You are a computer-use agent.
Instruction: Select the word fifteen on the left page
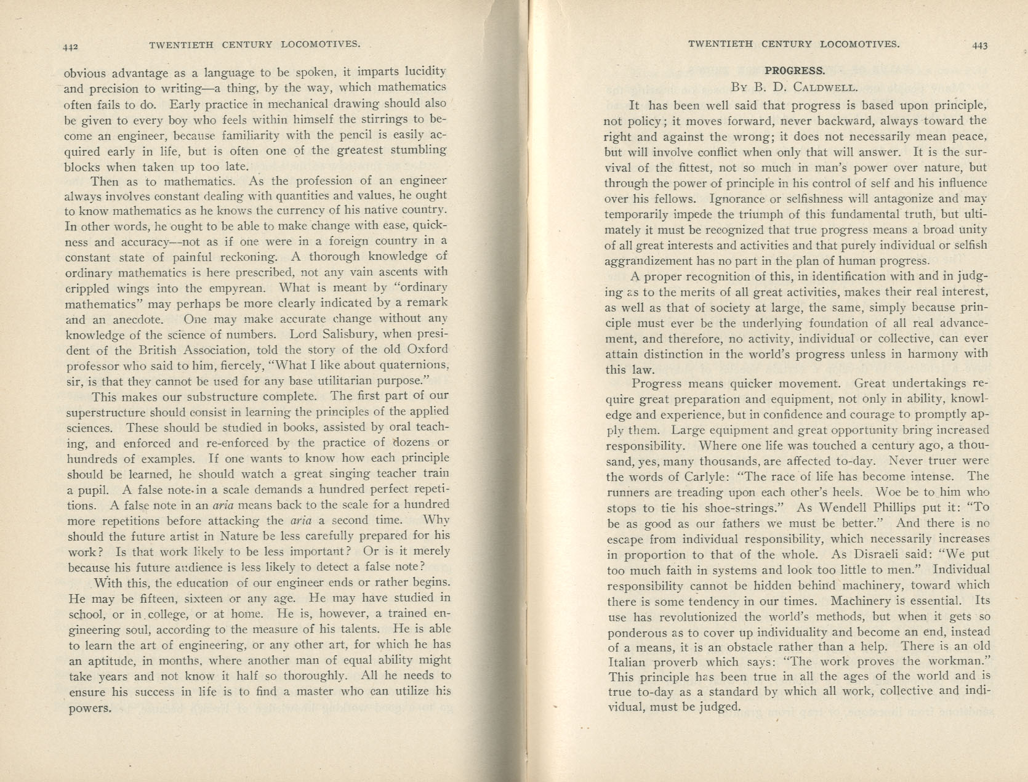[150, 598]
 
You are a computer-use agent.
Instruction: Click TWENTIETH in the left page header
[180, 44]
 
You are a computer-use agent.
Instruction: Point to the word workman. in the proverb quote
[965, 662]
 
